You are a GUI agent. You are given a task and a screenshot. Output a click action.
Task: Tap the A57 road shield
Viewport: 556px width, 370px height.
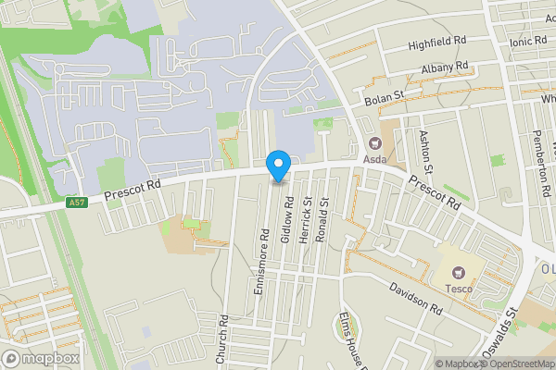coord(78,202)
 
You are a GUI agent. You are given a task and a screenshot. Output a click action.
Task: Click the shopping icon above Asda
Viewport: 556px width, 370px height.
coord(375,143)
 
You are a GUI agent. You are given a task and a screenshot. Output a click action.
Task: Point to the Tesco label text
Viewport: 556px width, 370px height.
coord(458,289)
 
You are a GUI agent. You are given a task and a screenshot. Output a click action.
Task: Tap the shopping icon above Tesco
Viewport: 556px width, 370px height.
coord(458,272)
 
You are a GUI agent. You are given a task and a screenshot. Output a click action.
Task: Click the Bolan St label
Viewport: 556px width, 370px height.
coord(385,95)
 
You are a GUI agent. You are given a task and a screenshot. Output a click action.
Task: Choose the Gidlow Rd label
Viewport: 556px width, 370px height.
coord(288,220)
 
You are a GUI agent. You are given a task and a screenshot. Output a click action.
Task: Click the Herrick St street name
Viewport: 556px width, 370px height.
coord(306,226)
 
